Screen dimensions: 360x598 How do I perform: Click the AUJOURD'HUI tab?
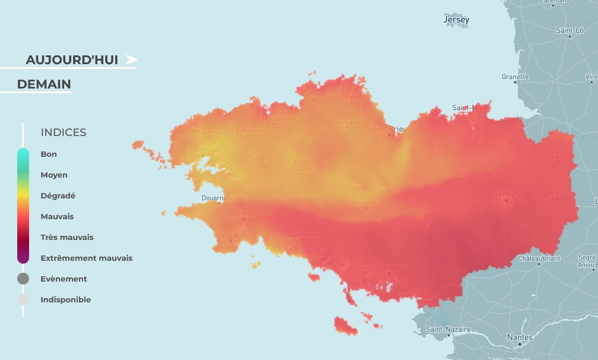(72, 60)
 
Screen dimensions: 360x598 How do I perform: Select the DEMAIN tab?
(44, 84)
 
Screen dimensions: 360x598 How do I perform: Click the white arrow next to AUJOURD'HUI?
(131, 59)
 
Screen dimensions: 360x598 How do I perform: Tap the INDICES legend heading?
(63, 132)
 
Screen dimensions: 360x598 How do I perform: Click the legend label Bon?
(49, 154)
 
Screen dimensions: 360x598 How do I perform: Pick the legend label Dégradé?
(58, 195)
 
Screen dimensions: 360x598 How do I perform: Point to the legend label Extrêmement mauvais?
(86, 258)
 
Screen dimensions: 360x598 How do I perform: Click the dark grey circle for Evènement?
(23, 279)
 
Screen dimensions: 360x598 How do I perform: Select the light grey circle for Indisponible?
(23, 299)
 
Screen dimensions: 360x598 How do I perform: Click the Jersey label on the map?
(456, 20)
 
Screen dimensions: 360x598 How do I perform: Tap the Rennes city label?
(506, 194)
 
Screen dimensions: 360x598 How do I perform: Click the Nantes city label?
(520, 337)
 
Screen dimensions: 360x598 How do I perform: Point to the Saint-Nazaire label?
(448, 329)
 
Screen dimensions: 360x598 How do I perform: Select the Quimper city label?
(243, 213)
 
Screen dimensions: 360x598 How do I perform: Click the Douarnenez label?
(219, 198)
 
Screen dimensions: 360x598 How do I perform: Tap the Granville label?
(515, 77)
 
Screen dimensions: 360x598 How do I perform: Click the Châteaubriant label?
(538, 258)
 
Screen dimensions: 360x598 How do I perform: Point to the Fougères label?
(559, 157)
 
